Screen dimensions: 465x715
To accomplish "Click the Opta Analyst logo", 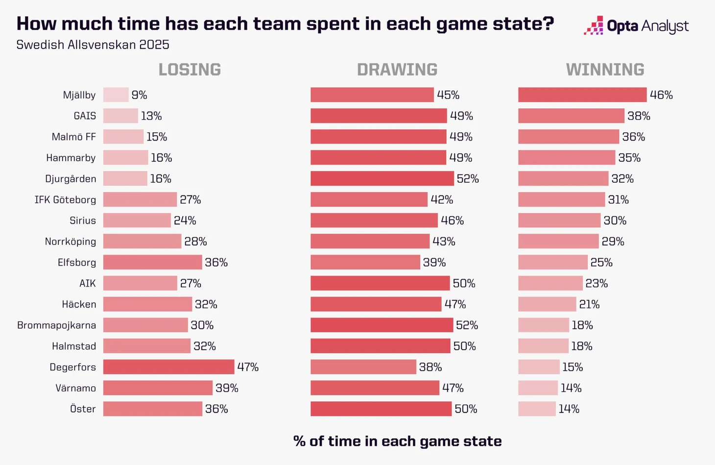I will pos(636,26).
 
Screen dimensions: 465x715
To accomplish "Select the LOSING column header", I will pos(190,70).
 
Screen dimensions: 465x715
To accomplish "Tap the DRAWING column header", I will pos(397,70).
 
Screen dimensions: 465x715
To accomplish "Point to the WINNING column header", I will pos(605,70).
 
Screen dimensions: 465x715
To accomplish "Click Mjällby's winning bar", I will pos(582,95).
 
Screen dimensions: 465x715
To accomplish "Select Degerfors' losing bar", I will pos(168,367).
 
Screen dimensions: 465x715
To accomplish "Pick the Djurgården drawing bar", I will pos(382,179).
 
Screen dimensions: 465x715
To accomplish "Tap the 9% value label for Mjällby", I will pos(140,95).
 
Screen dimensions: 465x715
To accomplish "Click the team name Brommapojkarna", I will pos(56,325).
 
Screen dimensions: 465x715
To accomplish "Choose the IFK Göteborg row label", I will pos(65,200).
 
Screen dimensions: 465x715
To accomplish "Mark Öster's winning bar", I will pos(537,409).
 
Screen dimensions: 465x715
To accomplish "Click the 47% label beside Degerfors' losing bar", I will pos(248,367).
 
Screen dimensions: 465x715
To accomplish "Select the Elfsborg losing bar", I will pos(152,263).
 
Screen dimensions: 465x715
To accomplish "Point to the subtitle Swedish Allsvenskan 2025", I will pos(93,45).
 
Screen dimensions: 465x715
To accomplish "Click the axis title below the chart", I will pos(397,441).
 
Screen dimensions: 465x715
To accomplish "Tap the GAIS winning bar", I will pos(571,116).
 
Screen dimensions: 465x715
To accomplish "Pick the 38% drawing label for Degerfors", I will pos(430,367).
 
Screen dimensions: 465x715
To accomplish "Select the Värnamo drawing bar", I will pos(375,388).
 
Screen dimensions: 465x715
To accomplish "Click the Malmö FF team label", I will pos(73,137).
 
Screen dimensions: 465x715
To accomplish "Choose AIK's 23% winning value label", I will pos(596,283).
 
